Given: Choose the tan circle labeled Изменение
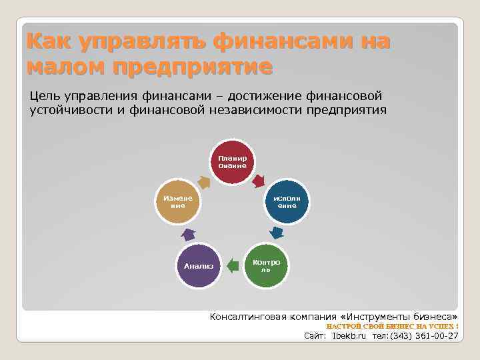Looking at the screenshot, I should tap(177, 202).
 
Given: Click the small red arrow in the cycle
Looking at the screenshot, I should tap(259, 179).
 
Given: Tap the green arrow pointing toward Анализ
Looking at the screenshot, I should tap(231, 266).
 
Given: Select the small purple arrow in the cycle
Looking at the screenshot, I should tap(188, 234).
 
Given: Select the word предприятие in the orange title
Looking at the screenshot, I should tap(193, 67).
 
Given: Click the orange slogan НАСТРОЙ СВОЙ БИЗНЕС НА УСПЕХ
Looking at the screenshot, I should tap(392, 327).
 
